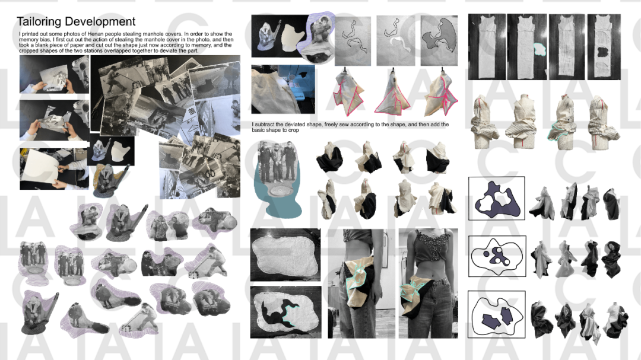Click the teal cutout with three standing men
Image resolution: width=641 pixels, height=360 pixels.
pyautogui.click(x=278, y=180)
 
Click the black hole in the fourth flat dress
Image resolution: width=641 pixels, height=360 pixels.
pyautogui.click(x=602, y=52)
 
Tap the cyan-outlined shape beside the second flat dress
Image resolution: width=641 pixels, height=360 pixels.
pyautogui.click(x=540, y=49)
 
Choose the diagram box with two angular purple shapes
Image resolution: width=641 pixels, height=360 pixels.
pyautogui.click(x=496, y=314)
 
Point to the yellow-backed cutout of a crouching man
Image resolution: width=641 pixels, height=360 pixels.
pyautogui.click(x=107, y=180)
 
